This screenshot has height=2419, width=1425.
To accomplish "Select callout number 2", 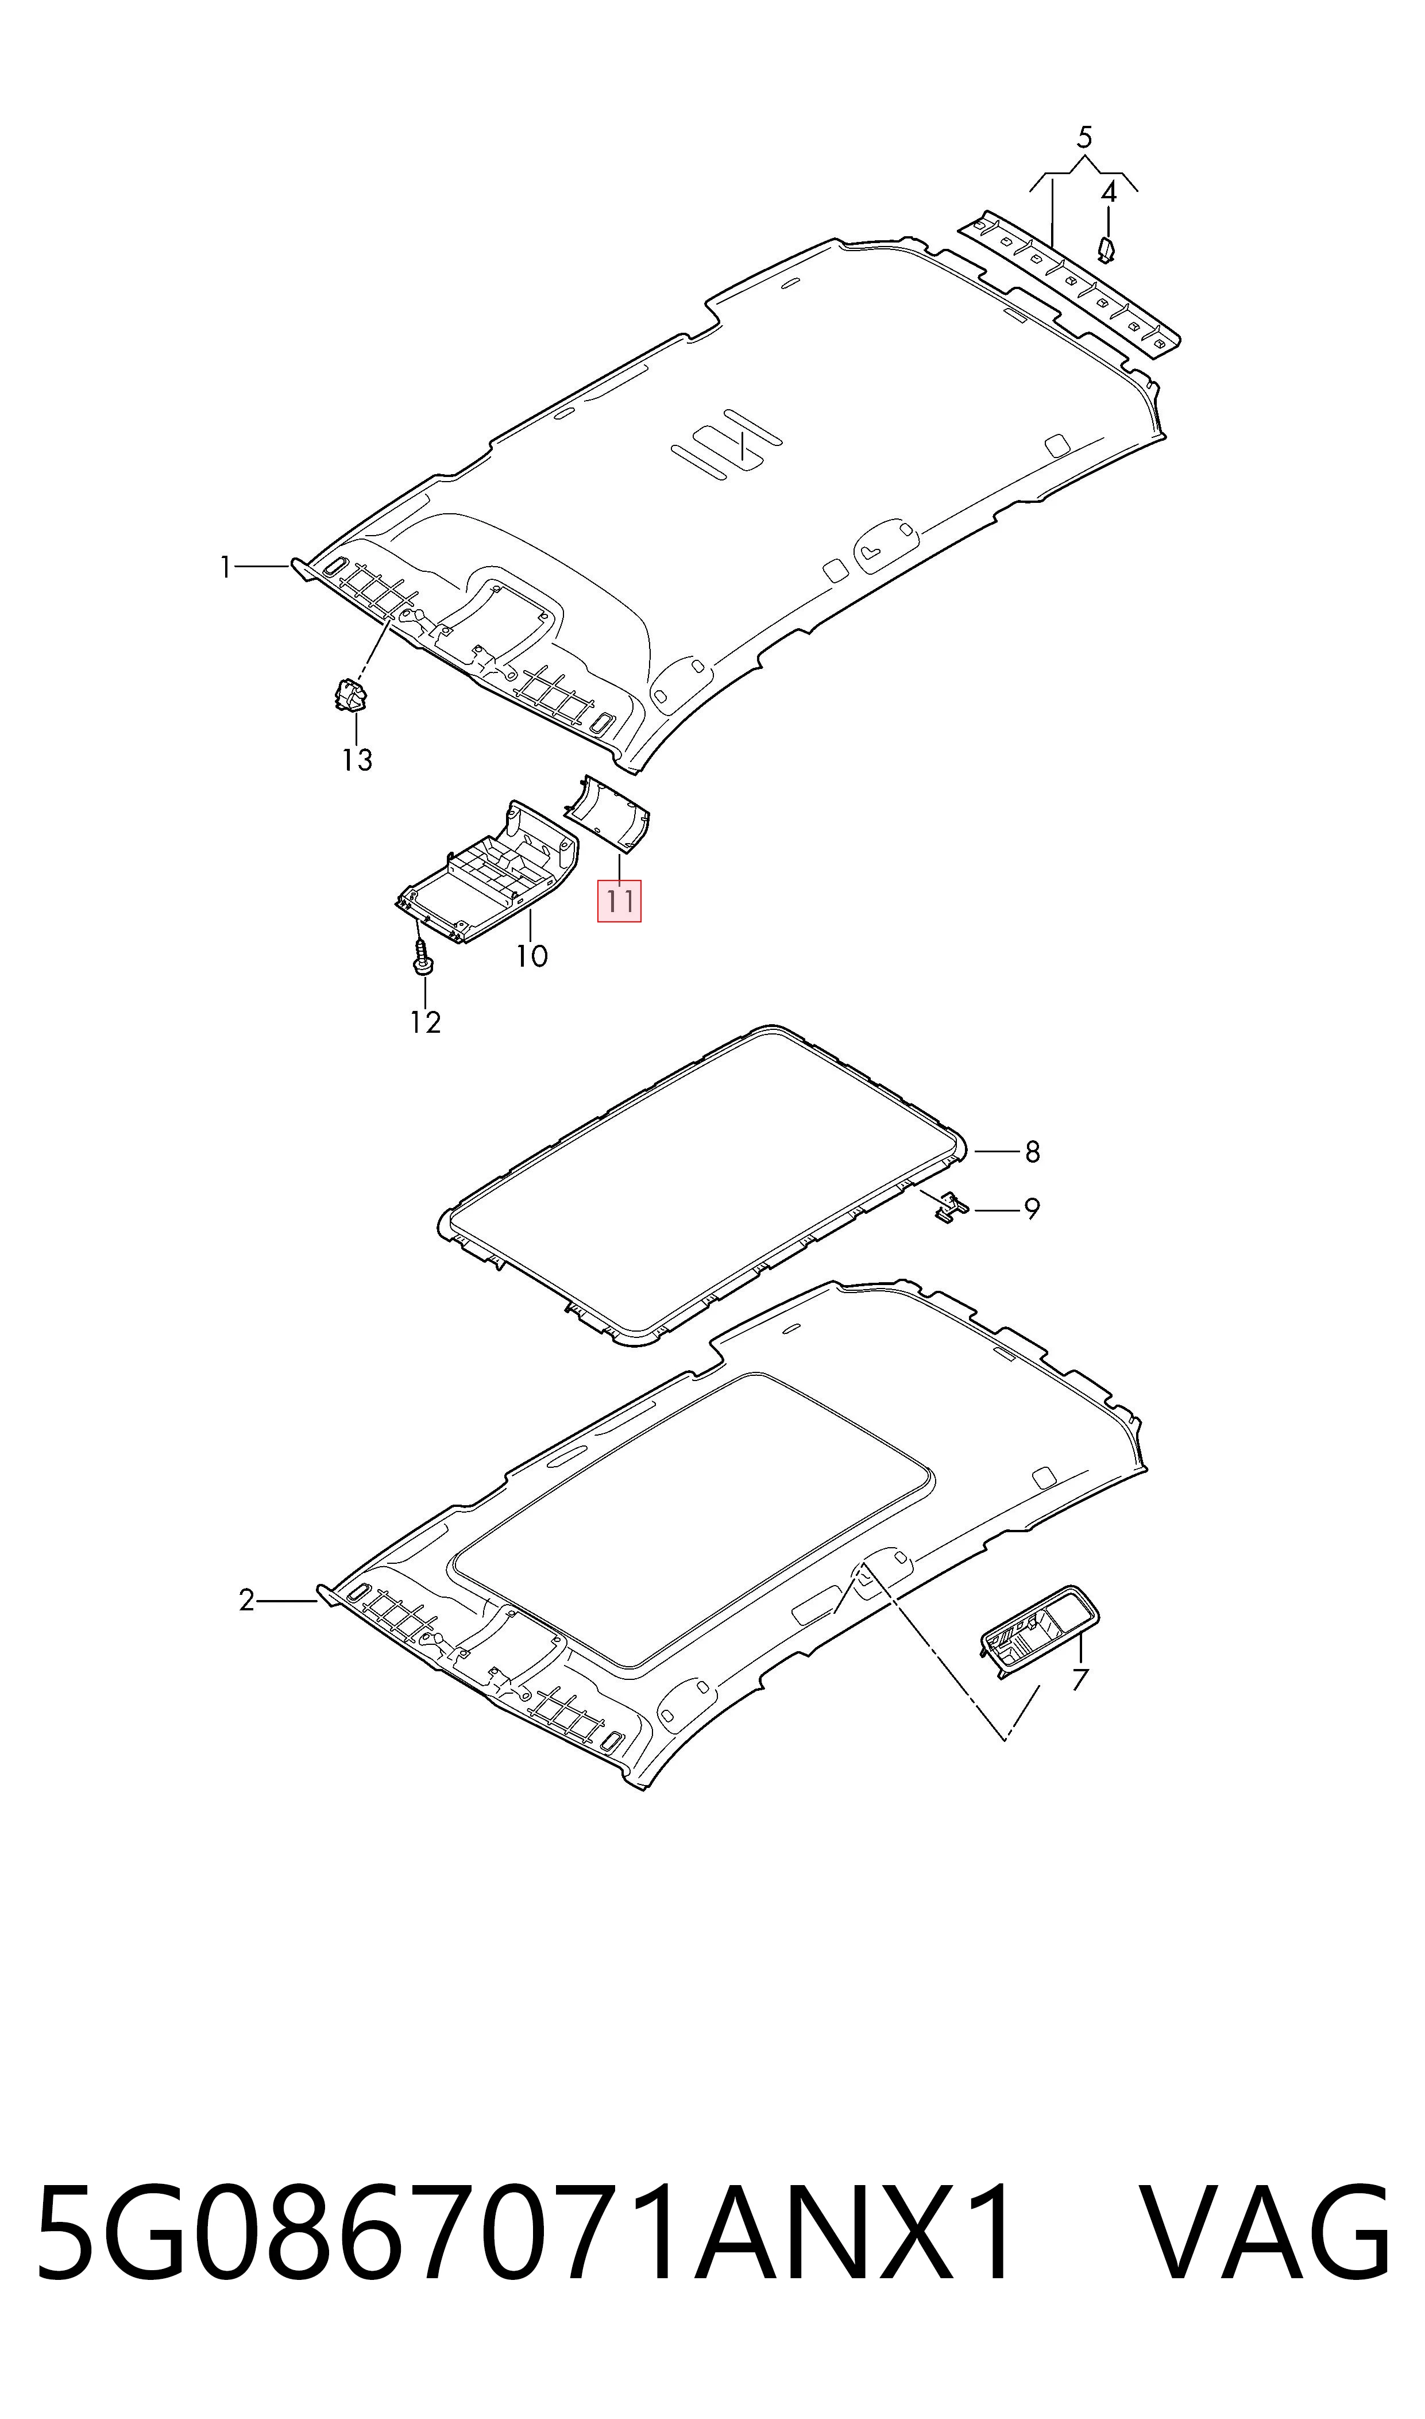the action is (x=247, y=1601).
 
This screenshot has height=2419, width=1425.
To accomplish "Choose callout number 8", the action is (x=1032, y=1151).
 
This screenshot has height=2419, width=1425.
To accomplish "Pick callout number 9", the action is (x=1032, y=1209).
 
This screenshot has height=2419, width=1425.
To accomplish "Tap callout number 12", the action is (x=426, y=1022).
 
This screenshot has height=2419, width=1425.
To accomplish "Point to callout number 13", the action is (x=357, y=760).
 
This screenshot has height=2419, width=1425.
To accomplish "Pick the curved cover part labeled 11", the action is (x=608, y=813).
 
